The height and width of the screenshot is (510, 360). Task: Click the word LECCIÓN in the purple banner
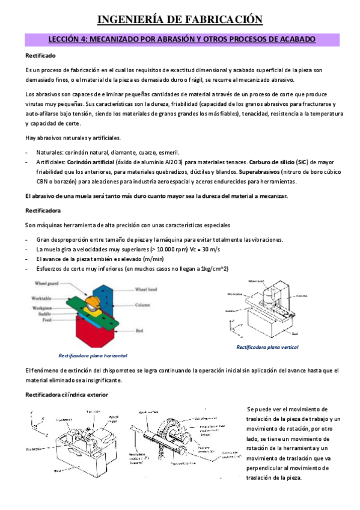pyautogui.click(x=64, y=40)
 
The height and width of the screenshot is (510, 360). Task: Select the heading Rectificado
pyautogui.click(x=41, y=56)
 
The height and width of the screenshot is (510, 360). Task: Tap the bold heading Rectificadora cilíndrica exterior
pyautogui.click(x=66, y=395)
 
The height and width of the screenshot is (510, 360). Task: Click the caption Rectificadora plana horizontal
pyautogui.click(x=92, y=355)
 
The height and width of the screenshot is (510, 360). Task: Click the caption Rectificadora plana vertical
pyautogui.click(x=267, y=348)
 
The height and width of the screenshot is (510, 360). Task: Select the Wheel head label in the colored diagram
pyautogui.click(x=145, y=289)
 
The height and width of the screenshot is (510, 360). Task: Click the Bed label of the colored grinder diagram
pyautogui.click(x=138, y=331)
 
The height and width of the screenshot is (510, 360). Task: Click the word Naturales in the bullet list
pyautogui.click(x=49, y=152)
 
